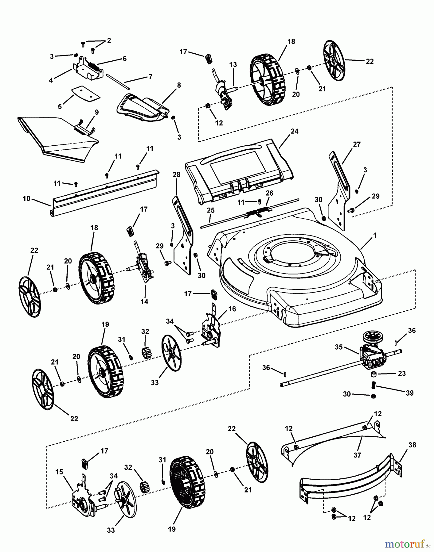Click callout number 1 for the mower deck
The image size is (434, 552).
click(x=374, y=236)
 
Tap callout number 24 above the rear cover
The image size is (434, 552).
click(x=295, y=131)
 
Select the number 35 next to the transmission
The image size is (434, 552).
click(x=338, y=347)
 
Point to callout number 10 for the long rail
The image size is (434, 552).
click(x=26, y=199)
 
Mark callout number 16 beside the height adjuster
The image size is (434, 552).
click(x=232, y=309)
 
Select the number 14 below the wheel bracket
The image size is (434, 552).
click(x=144, y=302)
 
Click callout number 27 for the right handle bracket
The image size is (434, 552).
click(x=357, y=144)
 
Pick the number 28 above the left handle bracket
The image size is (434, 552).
click(x=177, y=175)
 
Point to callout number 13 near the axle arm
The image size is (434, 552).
click(x=233, y=65)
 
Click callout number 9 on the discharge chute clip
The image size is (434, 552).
click(x=97, y=112)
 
